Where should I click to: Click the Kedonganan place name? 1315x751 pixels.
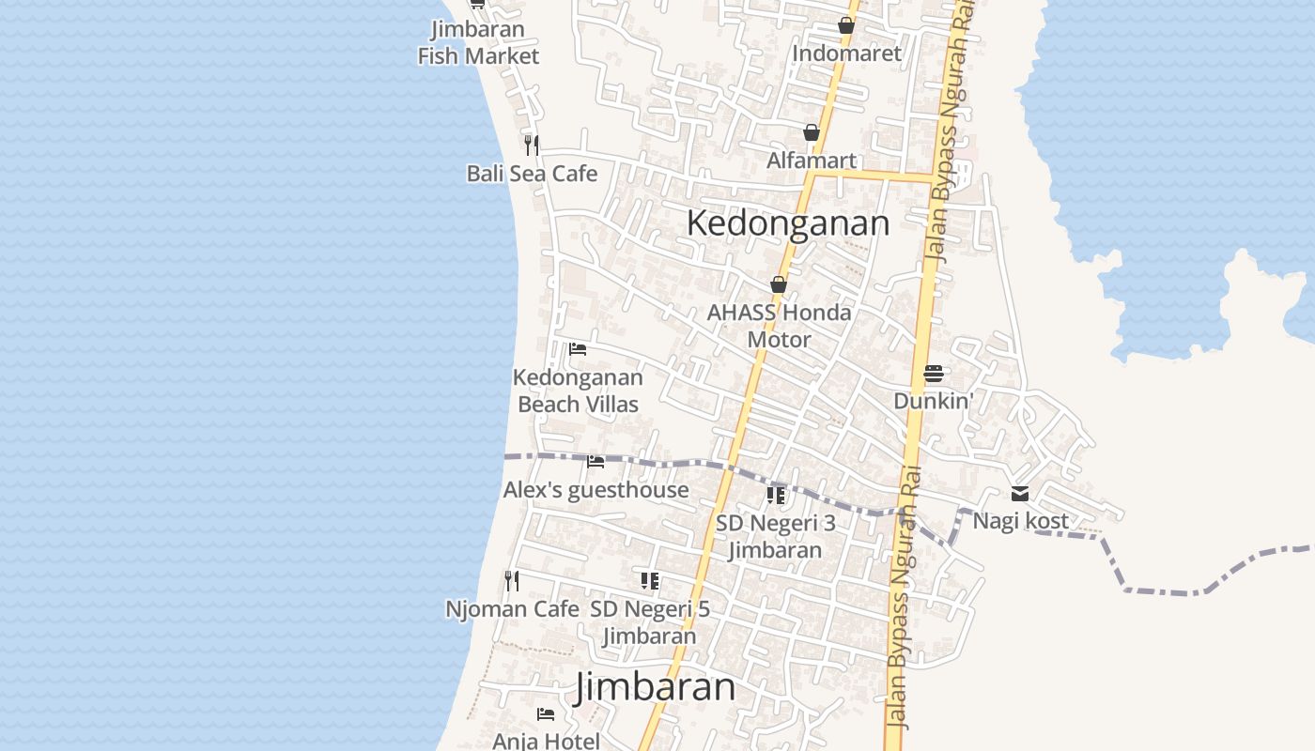pos(788,223)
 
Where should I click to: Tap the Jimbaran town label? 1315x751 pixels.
pos(655,686)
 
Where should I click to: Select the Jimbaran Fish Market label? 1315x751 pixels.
pos(478,42)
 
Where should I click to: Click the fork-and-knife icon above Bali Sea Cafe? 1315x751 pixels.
pos(532,145)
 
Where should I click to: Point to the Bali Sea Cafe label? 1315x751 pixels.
pos(532,174)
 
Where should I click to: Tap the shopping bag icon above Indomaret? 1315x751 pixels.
pos(846,25)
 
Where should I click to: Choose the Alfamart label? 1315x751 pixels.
pos(812,161)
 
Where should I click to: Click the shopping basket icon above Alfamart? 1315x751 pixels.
pos(812,132)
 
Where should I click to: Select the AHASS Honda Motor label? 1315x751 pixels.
pos(779,326)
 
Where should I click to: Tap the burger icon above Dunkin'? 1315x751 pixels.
pos(933,374)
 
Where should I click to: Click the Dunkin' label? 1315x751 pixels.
pos(933,401)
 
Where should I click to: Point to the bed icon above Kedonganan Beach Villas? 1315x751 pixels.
pos(578,349)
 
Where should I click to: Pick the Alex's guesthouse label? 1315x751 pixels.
pos(596,490)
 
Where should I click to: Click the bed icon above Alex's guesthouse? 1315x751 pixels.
pos(596,461)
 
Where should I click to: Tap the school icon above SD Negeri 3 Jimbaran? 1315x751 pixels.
pos(776,495)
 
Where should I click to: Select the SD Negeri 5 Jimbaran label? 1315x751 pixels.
pos(650,622)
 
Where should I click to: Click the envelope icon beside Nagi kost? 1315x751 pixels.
pos(1020,494)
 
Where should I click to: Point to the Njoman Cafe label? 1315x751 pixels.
pos(512,609)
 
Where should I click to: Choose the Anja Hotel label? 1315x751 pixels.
pos(546,741)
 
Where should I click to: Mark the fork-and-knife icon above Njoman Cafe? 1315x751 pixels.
pos(512,581)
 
